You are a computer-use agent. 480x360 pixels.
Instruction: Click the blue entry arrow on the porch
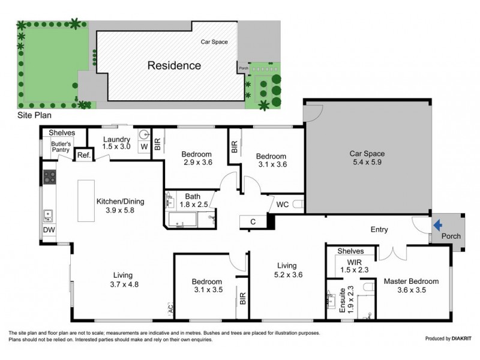point(438,226)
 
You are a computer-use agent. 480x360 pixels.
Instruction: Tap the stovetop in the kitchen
point(50,177)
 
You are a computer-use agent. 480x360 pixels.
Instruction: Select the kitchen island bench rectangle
point(86,200)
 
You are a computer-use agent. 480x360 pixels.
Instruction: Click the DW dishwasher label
point(49,230)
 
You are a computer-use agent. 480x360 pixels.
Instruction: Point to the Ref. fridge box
point(84,155)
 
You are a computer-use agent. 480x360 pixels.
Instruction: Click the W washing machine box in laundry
point(144,146)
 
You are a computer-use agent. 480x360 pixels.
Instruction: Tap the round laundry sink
point(144,134)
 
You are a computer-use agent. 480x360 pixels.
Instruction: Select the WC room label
point(282,204)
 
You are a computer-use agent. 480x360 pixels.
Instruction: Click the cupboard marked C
point(253,221)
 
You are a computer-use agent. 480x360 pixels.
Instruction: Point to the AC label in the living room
point(170,308)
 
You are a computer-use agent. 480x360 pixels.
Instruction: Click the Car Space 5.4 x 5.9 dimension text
point(367,162)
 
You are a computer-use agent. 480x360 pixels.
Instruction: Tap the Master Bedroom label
point(411,281)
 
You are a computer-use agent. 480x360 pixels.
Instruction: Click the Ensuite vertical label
point(342,300)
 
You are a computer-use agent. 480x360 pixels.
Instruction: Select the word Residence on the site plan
point(174,65)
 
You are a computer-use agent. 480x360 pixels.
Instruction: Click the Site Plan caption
point(34,115)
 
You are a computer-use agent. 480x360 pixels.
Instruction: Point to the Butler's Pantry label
point(61,146)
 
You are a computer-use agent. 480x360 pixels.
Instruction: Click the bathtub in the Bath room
point(182,220)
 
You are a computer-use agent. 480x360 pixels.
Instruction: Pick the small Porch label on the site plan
point(244,68)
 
